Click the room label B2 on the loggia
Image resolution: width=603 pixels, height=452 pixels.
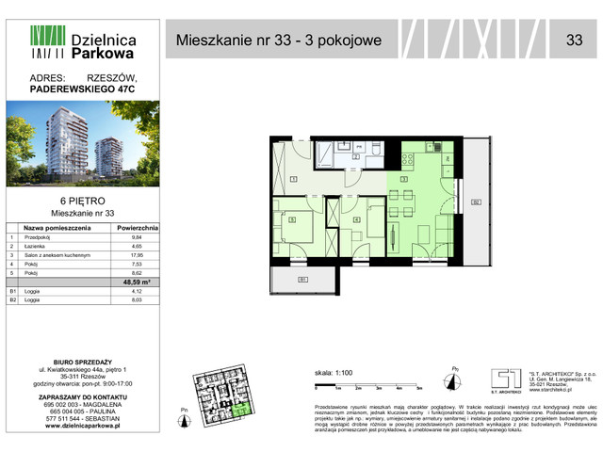coord(476,201)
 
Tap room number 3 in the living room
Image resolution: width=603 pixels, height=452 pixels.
coord(403,178)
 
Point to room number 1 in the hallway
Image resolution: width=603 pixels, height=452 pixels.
coord(295,178)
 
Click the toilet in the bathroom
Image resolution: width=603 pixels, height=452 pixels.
coord(376,149)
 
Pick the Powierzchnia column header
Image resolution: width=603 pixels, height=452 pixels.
coord(138,228)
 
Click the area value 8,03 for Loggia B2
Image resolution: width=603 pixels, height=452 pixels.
coord(138,299)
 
